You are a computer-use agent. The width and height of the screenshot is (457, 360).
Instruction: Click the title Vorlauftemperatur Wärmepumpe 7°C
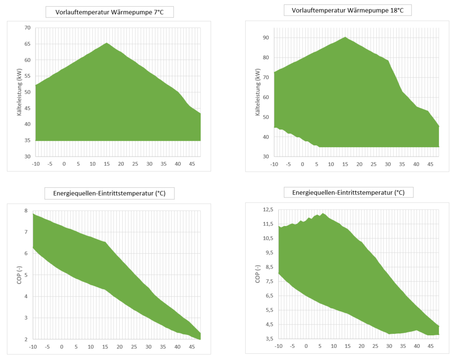[x=109, y=12]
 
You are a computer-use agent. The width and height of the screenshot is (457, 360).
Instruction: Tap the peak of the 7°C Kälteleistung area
[x=107, y=43]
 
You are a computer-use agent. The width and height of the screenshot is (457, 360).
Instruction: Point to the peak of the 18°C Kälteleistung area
[x=345, y=37]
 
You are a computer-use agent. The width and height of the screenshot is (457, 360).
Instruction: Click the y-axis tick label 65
[x=27, y=44]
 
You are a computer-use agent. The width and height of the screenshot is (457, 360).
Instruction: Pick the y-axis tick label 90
[x=266, y=38]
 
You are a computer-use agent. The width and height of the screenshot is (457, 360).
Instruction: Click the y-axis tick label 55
[x=27, y=76]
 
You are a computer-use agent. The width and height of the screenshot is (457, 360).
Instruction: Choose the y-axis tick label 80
[x=266, y=58]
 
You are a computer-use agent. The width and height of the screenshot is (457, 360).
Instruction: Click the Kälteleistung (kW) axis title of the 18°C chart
[x=258, y=92]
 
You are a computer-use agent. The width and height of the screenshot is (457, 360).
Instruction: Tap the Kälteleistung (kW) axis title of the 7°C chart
[x=19, y=92]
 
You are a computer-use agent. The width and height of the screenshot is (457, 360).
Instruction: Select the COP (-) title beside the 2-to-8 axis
[x=19, y=275]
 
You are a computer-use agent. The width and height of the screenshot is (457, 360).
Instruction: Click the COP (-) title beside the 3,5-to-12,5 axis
[x=258, y=274]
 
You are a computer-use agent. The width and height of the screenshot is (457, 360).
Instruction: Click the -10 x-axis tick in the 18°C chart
[x=273, y=163]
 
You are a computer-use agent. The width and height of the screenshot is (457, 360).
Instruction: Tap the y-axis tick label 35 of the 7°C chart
[x=27, y=140]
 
